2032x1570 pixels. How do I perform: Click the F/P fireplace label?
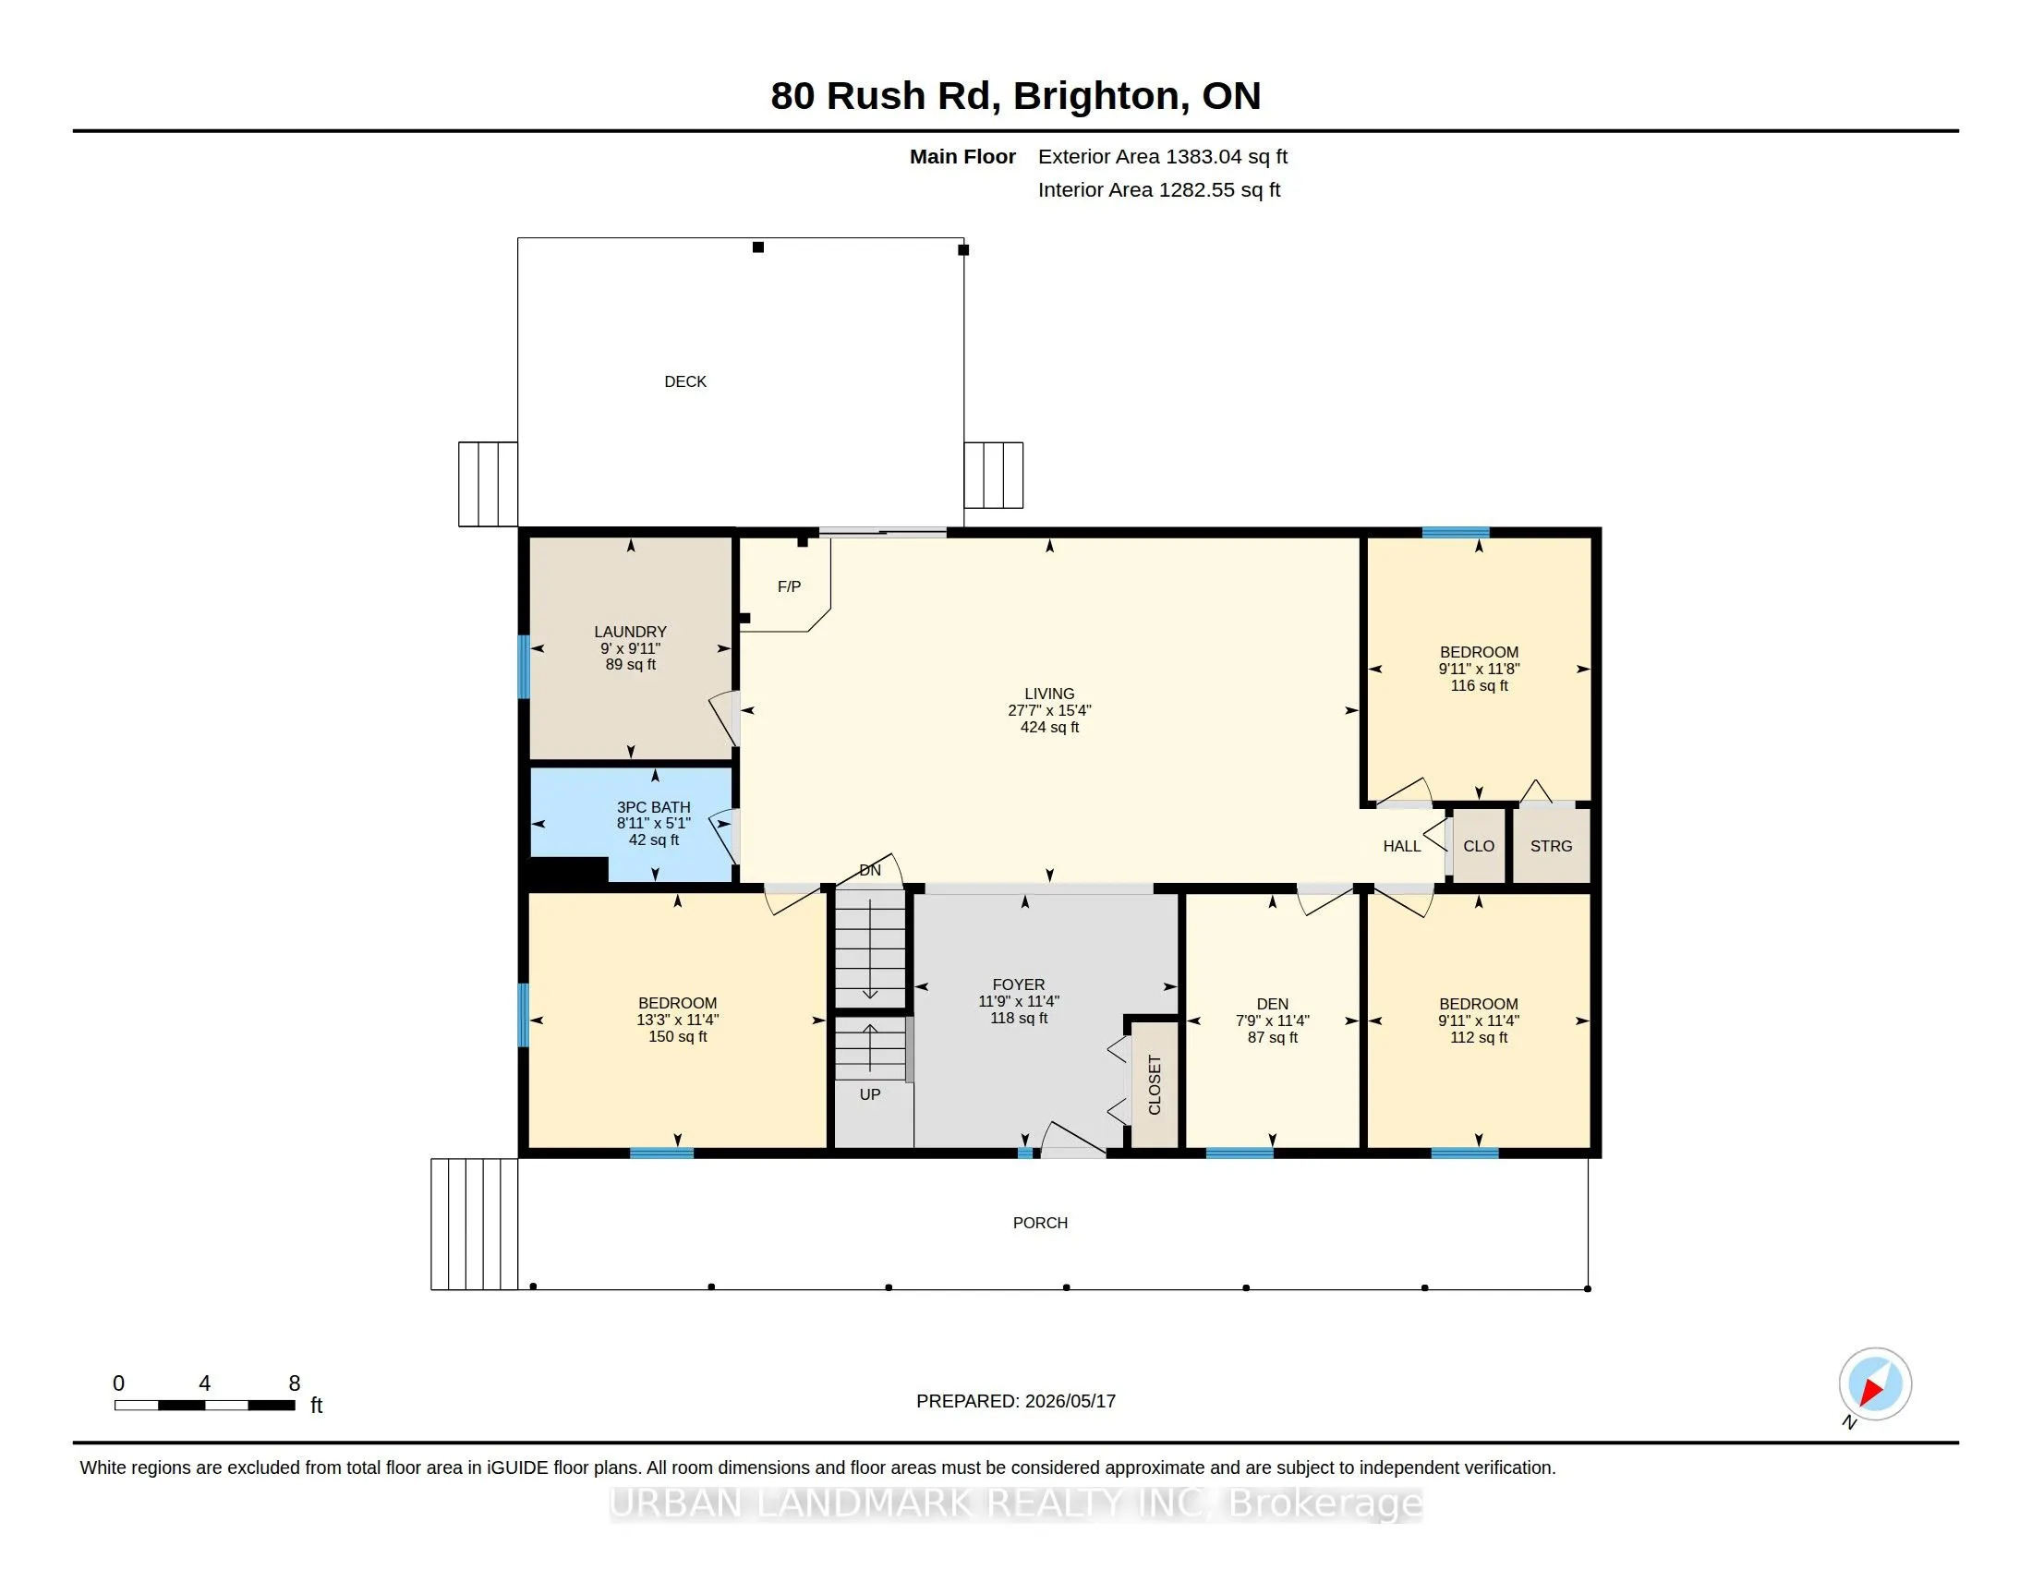789,586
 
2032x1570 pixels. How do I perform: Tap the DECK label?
685,381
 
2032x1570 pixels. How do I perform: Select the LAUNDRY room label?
631,632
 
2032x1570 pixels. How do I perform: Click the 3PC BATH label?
654,807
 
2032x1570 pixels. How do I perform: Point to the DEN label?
1273,1004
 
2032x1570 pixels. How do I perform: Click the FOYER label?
1019,984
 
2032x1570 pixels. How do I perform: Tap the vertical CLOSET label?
1155,1084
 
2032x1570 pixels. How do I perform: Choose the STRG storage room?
1551,846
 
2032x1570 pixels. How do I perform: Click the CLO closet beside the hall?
1479,846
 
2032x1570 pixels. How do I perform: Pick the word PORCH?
1040,1223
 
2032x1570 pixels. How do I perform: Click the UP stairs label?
870,1094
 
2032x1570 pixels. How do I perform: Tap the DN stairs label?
870,871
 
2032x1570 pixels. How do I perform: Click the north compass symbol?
1874,1385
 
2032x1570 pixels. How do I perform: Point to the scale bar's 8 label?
295,1383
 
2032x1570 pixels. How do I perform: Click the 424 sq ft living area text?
1049,728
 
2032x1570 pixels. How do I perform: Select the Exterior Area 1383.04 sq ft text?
1163,156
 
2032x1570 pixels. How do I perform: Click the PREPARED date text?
1016,1401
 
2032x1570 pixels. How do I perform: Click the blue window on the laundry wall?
524,667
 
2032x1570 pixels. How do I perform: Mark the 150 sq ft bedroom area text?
677,1036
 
